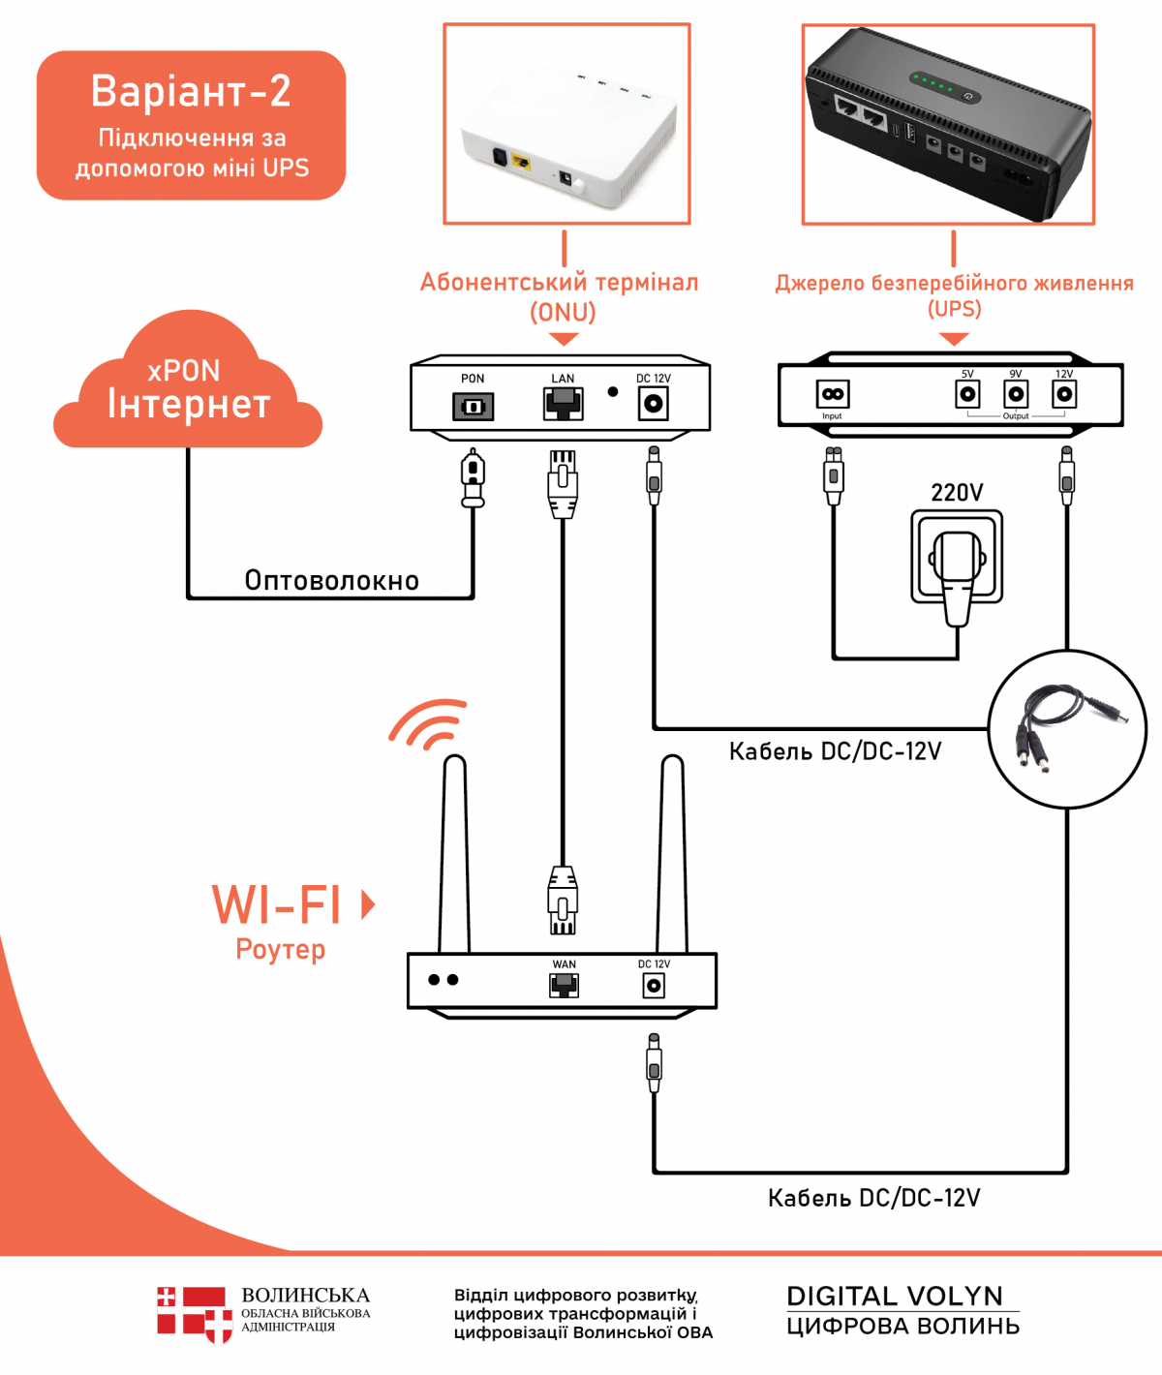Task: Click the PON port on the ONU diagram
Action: click(x=473, y=406)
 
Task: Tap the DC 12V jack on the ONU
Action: click(x=654, y=403)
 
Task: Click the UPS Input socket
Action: click(x=833, y=394)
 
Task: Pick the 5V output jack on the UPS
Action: click(x=967, y=394)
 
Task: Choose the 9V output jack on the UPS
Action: click(x=1016, y=394)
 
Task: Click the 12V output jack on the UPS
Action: click(x=1064, y=394)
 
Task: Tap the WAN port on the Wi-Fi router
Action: click(x=564, y=986)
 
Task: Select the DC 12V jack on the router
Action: click(x=654, y=986)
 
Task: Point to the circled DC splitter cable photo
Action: click(x=1067, y=728)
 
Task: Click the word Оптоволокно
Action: click(x=331, y=581)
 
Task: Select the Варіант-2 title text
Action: click(x=191, y=91)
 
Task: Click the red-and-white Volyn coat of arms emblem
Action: click(x=195, y=1314)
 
